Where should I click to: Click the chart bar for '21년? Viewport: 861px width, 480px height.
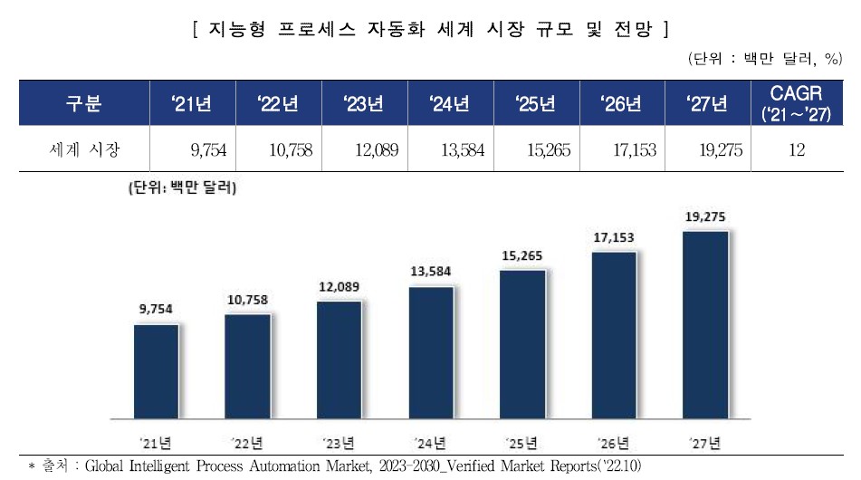156,371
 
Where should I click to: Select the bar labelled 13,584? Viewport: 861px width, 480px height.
432,353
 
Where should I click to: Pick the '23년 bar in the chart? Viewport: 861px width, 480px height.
340,360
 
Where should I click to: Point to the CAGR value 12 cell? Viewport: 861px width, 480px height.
796,149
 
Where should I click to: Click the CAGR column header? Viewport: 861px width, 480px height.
796,103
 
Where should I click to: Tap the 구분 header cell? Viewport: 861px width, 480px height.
83,103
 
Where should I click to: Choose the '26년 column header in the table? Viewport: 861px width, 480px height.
621,103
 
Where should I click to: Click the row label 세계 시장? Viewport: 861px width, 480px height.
83,149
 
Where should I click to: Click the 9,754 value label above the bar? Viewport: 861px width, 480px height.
156,310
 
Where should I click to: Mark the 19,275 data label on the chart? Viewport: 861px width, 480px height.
706,216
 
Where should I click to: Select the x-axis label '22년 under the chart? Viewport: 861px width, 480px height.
247,444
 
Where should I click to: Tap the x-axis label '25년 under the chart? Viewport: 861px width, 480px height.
523,444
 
